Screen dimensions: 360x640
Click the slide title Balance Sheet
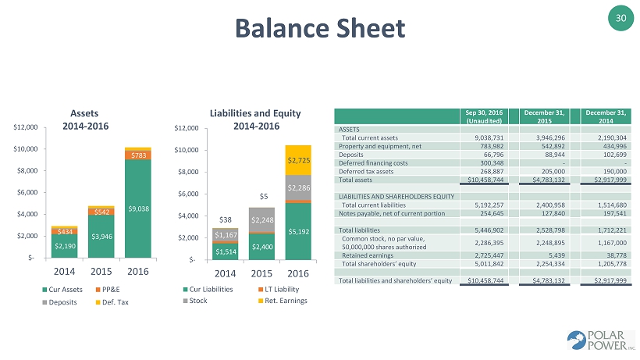click(321, 28)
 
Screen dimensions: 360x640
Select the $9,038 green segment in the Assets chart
click(137, 209)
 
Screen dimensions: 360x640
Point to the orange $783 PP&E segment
click(137, 155)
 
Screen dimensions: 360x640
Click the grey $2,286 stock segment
click(298, 187)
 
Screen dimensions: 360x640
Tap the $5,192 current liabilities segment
click(298, 231)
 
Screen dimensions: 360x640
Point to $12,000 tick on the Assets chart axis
click(26, 127)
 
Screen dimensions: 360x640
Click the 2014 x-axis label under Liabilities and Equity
click(225, 273)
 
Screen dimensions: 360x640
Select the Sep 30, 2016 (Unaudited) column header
click(484, 116)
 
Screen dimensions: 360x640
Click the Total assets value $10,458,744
click(484, 179)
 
